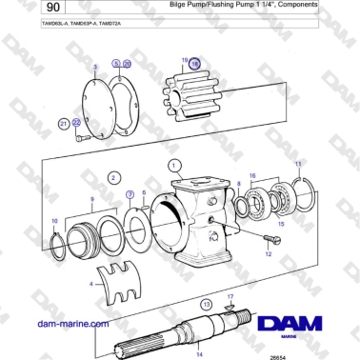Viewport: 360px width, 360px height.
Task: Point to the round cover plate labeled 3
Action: coord(93,96)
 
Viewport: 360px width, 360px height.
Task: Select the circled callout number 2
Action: coord(113,176)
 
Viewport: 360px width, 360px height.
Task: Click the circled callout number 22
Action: coord(74,123)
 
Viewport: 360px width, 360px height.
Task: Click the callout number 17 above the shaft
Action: coord(230,298)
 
